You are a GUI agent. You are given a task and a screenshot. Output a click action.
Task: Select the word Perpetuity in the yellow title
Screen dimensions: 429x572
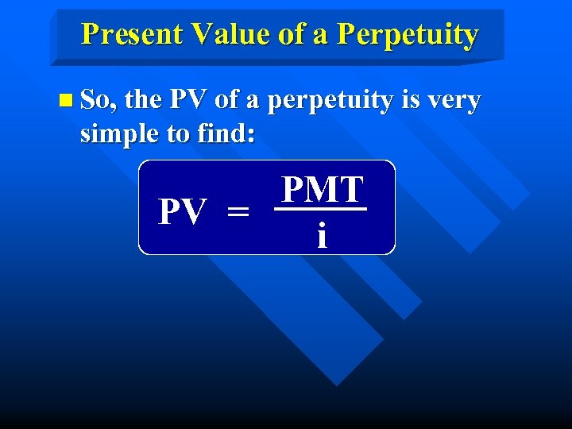click(408, 34)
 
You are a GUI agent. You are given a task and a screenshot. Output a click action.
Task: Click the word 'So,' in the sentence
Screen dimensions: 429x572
click(99, 101)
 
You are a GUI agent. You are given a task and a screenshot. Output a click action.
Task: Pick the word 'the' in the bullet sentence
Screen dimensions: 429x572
click(144, 101)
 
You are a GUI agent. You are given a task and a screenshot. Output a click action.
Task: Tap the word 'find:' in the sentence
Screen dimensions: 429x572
click(224, 134)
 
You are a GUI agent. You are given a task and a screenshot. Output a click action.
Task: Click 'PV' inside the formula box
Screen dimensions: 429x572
click(184, 211)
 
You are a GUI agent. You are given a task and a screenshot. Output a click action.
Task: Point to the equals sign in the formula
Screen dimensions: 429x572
click(238, 212)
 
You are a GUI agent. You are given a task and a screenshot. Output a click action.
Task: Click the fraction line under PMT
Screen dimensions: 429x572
click(321, 210)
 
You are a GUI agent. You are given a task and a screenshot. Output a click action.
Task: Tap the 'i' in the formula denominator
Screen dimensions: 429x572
click(321, 235)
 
